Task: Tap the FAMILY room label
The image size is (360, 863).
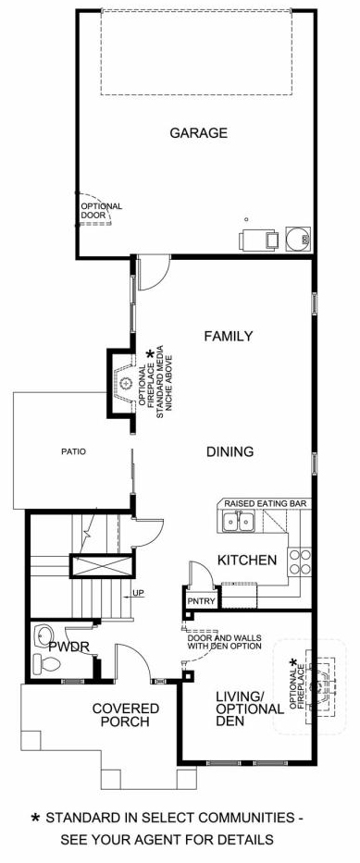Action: click(229, 336)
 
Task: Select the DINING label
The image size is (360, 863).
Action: click(230, 452)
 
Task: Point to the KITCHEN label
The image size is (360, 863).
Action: click(247, 561)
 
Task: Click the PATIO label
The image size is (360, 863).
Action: click(73, 452)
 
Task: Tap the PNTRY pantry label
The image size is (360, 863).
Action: click(201, 600)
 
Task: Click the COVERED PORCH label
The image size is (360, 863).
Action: click(126, 714)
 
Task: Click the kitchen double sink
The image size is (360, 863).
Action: click(239, 522)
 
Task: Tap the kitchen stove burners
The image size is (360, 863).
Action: click(300, 562)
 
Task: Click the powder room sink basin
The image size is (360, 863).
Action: click(42, 635)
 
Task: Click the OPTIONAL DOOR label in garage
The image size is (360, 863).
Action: click(101, 211)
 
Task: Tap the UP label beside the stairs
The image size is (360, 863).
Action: click(138, 594)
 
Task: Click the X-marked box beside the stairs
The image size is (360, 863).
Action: click(102, 566)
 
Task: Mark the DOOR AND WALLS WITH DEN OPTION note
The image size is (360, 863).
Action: click(224, 642)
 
